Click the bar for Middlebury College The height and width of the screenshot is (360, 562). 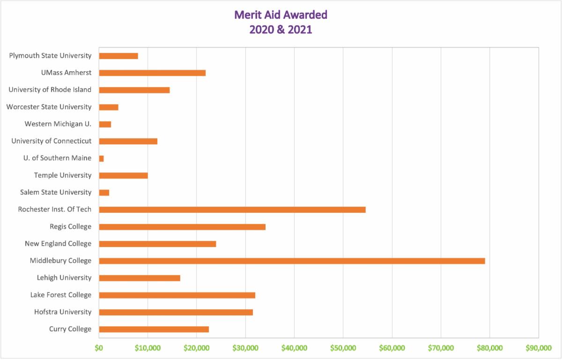coord(292,261)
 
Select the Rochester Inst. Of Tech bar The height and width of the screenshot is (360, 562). coord(232,210)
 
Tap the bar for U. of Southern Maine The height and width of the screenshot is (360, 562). coord(101,158)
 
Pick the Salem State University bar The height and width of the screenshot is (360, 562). coord(104,193)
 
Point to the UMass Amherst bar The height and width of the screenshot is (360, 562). coord(152,73)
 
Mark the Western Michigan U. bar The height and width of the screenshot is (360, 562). coord(105,124)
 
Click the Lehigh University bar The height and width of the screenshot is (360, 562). coord(140,278)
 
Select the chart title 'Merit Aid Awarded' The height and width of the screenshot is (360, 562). coord(281,15)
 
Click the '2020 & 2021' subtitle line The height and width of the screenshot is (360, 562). coord(281,30)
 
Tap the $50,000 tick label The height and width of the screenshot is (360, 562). coord(343,348)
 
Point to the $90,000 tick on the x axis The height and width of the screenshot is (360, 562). coord(538,348)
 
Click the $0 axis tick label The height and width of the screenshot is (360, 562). coord(99,348)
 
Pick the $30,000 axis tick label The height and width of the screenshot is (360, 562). coord(245,348)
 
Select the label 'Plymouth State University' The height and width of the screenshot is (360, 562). coord(50,56)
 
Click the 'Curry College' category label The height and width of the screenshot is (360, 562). coord(70,329)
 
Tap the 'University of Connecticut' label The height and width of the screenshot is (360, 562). coord(52,141)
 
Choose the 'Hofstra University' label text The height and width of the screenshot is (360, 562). coord(63,312)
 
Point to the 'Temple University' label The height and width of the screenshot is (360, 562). coord(63,175)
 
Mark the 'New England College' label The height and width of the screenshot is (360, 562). coord(58,244)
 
